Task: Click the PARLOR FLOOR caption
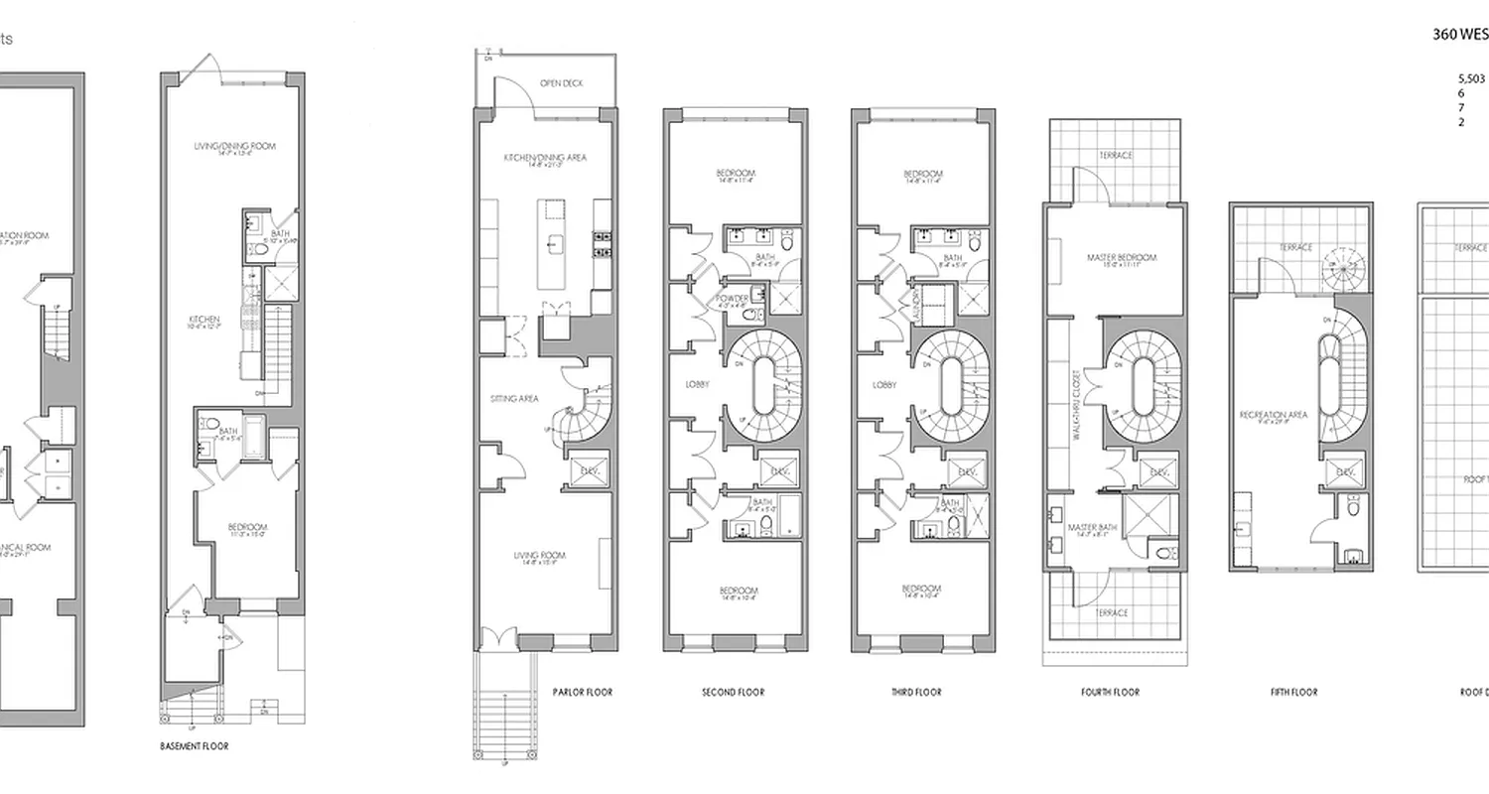[x=582, y=692]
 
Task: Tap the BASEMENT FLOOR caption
[x=195, y=745]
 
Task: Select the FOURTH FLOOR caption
[x=1110, y=692]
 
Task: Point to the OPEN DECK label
[x=561, y=83]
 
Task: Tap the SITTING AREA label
[x=514, y=398]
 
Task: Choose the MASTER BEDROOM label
[x=1121, y=257]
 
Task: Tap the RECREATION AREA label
[x=1274, y=414]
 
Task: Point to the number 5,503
[x=1470, y=77]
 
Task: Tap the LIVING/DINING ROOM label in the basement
[x=234, y=146]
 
